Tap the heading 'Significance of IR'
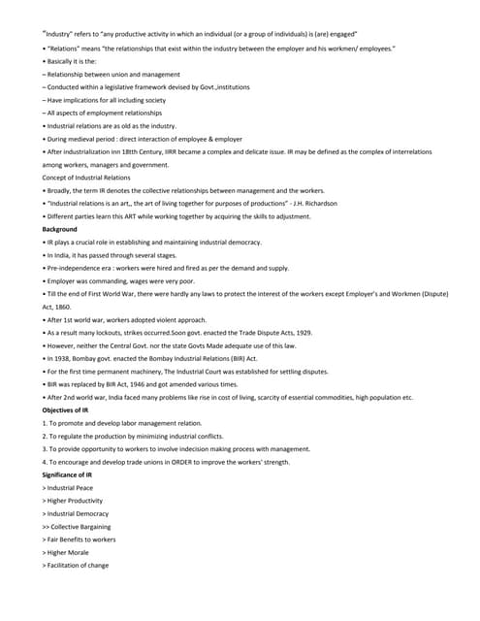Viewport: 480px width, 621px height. click(x=68, y=474)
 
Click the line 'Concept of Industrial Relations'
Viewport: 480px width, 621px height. click(x=84, y=178)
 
